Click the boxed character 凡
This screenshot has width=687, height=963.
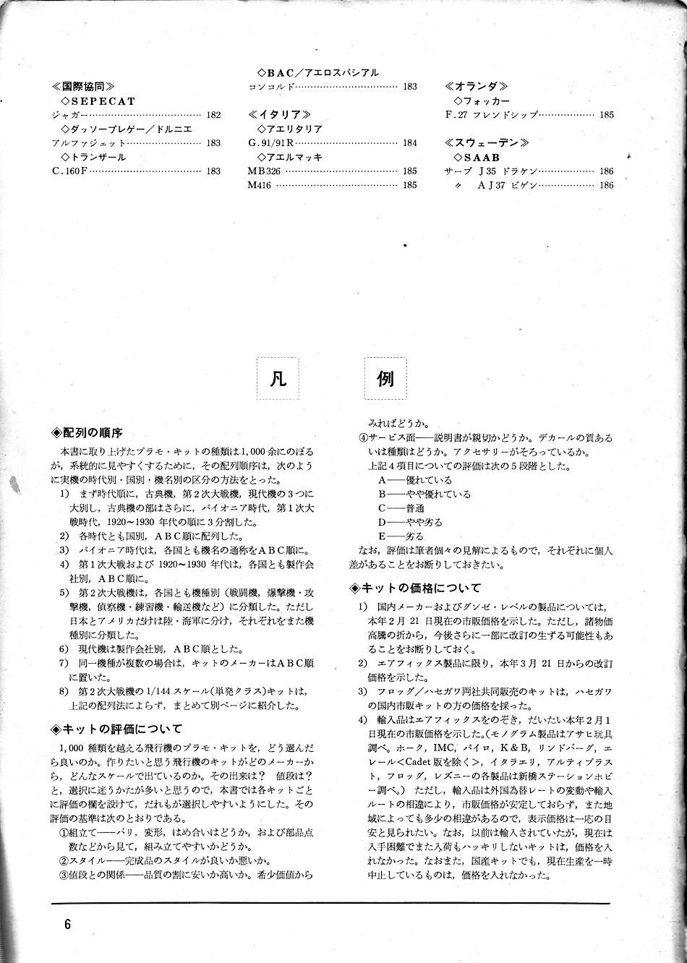tap(278, 379)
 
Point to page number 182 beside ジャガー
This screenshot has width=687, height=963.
tap(213, 115)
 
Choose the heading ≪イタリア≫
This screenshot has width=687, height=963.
tap(280, 115)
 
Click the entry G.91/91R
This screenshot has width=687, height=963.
tap(271, 143)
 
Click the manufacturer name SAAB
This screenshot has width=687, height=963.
tap(481, 158)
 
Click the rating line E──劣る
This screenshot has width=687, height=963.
tap(401, 536)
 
